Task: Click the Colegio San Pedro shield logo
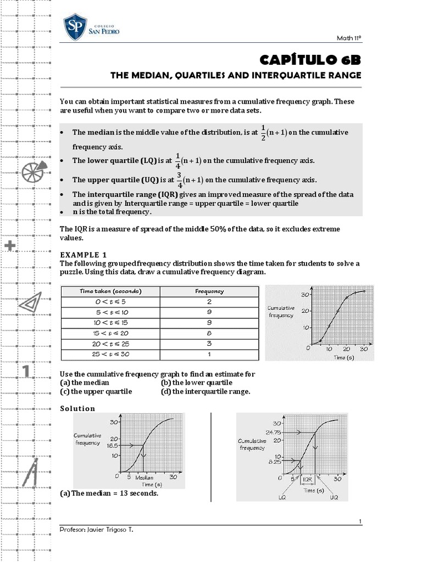pos(75,26)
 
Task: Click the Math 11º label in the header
pos(349,38)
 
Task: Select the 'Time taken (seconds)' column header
pos(110,291)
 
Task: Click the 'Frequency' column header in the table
pos(209,291)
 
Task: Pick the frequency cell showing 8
pos(209,333)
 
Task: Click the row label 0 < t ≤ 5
pos(110,302)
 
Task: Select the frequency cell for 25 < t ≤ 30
pos(209,354)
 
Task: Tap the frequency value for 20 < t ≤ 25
pos(209,344)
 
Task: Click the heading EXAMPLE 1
pos(83,255)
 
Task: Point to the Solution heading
pos(77,408)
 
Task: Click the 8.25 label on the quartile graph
pos(274,463)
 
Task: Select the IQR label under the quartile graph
pos(308,479)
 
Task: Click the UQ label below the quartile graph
pos(334,497)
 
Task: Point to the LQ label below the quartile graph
pos(281,497)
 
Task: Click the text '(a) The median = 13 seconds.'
pos(109,493)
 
